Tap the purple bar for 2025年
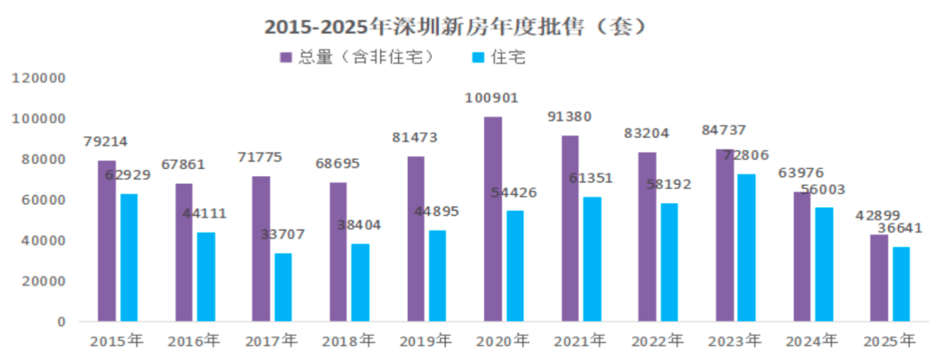(x=879, y=278)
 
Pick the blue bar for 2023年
(x=746, y=247)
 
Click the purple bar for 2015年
(x=106, y=240)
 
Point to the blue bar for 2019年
(x=437, y=276)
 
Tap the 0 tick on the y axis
(x=61, y=322)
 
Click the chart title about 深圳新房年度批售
(x=457, y=27)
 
